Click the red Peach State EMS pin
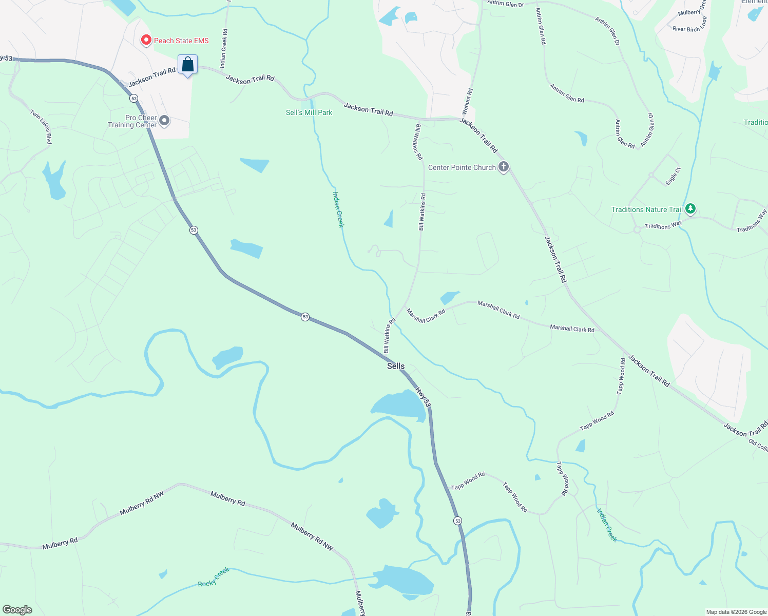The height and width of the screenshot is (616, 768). (146, 40)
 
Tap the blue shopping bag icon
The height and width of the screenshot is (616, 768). (188, 65)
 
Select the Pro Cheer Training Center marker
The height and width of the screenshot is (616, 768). (164, 121)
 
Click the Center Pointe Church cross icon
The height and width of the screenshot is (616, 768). (504, 167)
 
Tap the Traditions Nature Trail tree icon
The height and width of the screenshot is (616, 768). (690, 209)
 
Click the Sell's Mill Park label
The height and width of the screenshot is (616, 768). (309, 112)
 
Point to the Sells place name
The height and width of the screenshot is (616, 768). (396, 366)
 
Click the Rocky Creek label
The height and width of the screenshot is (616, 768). (214, 577)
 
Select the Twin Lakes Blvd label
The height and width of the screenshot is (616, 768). (41, 127)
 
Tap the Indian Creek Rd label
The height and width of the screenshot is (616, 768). (224, 48)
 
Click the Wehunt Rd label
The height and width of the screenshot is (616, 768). (468, 102)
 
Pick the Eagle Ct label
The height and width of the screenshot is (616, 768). (673, 176)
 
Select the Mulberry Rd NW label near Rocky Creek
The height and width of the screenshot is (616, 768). (312, 537)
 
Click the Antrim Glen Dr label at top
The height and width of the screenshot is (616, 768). (506, 4)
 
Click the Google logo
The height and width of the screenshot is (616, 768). (17, 610)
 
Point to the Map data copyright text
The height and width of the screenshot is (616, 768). (736, 612)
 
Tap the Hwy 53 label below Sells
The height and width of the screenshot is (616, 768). (424, 397)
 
